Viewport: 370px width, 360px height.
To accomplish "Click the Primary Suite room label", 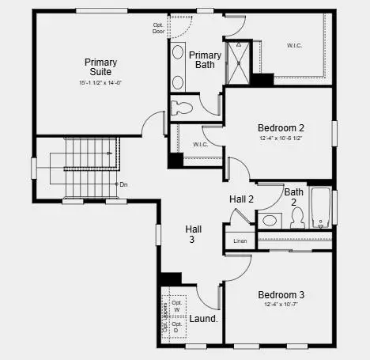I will click(x=100, y=66).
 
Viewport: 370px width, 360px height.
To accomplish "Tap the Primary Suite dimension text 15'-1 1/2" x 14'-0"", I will click(x=100, y=83).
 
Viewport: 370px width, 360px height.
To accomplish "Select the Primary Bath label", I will click(x=205, y=59).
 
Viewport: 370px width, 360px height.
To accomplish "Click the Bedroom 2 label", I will click(x=281, y=127).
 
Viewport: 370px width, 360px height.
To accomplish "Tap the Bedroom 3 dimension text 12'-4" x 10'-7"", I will click(x=281, y=305).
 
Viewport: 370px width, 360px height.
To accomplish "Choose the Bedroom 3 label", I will click(x=281, y=294).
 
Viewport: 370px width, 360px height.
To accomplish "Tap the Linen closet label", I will click(x=240, y=241).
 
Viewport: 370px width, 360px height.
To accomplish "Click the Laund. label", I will click(x=204, y=319).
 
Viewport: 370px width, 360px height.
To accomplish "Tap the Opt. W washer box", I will click(x=177, y=307).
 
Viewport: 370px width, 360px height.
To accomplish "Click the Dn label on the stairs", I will click(x=123, y=184).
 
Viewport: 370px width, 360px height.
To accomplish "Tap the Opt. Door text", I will click(x=159, y=28).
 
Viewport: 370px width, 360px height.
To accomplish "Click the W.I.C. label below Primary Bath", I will click(x=200, y=145).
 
